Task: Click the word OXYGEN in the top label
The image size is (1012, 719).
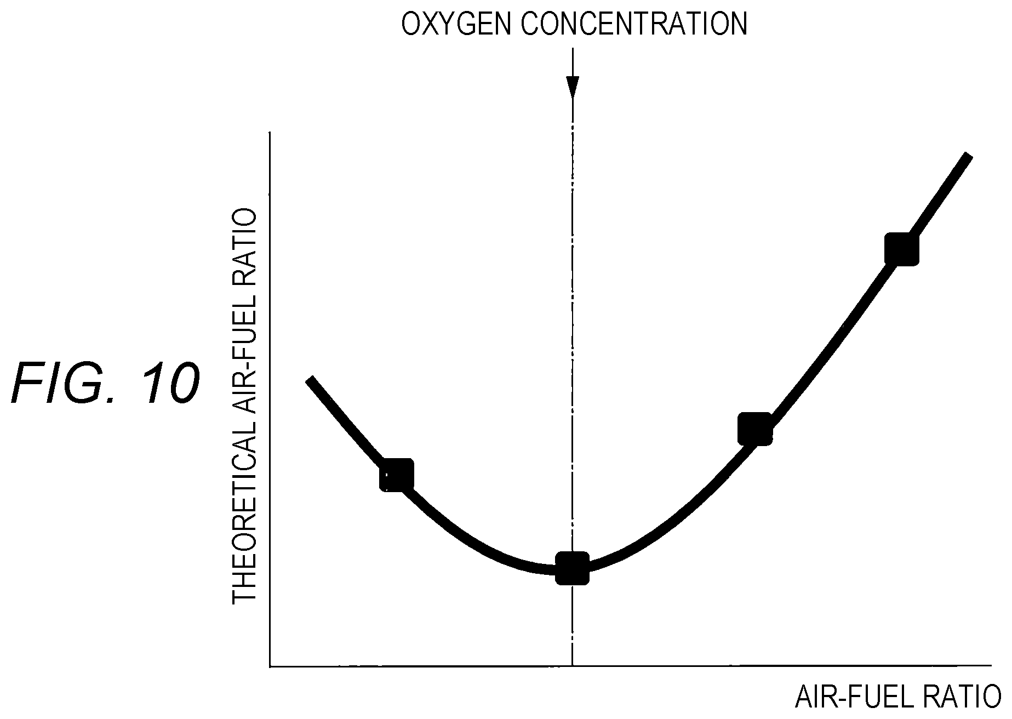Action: point(457,24)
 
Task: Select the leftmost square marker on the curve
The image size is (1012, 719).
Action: point(397,475)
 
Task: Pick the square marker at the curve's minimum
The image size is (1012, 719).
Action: point(573,568)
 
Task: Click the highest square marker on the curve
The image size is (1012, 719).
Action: point(901,249)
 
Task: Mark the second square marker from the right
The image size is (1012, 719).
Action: point(755,429)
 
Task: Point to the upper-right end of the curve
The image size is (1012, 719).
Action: point(969,156)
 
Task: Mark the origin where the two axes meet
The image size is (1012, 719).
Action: point(270,666)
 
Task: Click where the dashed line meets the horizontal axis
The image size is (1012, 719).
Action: point(573,666)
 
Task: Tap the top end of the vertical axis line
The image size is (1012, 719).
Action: point(270,133)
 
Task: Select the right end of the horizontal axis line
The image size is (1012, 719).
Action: point(992,666)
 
